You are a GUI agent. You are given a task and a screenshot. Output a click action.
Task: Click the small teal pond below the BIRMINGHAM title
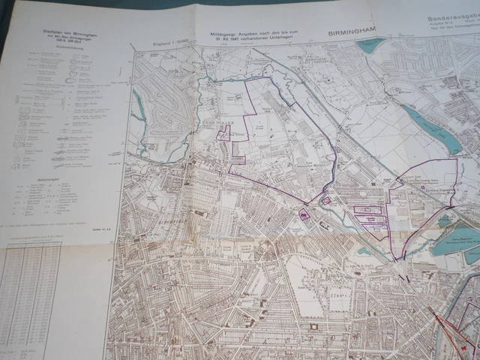[370, 46]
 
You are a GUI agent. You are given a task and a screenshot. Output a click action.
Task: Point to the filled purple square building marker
[304, 214]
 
